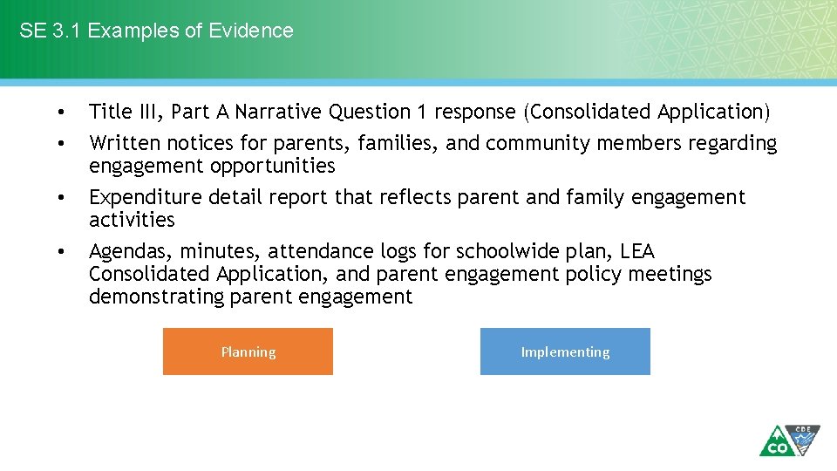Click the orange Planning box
click(x=248, y=352)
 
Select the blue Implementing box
click(x=565, y=352)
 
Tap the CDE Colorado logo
click(x=789, y=440)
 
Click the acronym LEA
click(x=637, y=251)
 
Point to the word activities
click(x=132, y=220)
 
